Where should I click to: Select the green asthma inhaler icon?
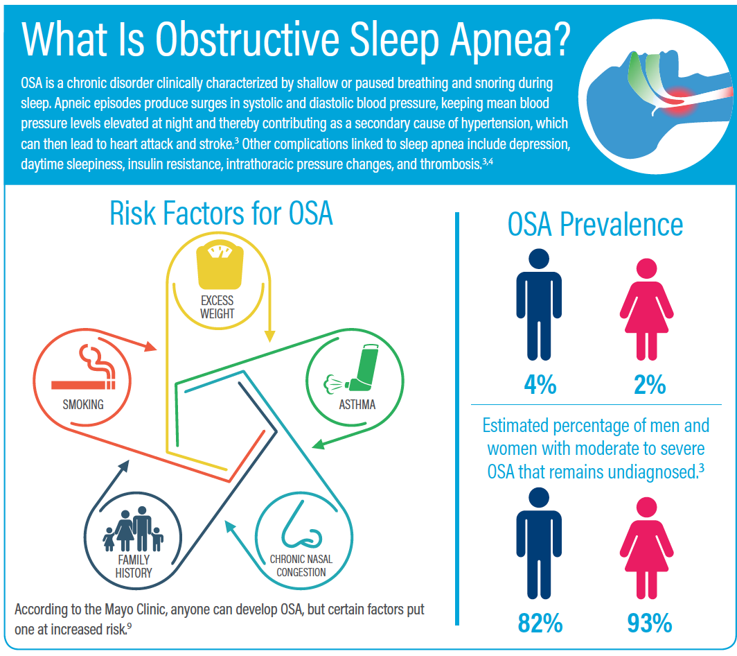351,368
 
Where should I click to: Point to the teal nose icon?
301,525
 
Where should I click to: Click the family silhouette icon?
133,529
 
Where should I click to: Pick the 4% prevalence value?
540,385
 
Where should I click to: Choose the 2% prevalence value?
650,385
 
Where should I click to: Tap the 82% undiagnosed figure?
540,623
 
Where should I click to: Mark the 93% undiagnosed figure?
650,623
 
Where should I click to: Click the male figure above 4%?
539,304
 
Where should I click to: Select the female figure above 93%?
647,548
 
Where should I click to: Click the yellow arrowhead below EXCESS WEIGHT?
269,336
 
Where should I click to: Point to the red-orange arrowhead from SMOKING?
150,346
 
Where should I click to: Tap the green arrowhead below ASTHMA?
318,444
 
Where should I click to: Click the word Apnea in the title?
510,40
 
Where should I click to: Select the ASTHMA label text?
357,405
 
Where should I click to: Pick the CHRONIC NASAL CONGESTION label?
301,566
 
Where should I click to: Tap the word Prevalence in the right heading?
621,225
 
